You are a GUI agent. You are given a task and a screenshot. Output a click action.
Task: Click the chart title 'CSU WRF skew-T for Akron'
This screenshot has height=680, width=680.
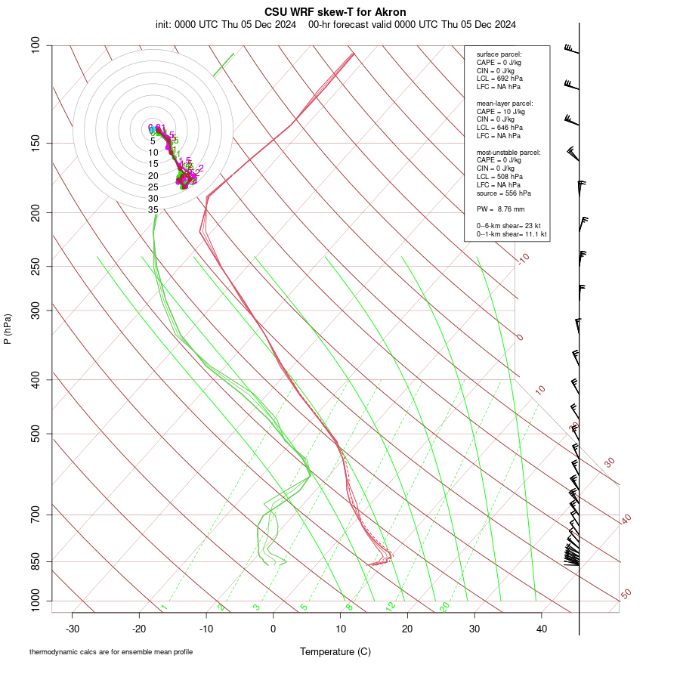(335, 12)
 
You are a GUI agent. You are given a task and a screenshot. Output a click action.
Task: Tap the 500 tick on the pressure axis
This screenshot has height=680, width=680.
(36, 434)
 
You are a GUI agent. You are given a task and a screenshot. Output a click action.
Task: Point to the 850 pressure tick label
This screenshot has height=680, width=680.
(36, 561)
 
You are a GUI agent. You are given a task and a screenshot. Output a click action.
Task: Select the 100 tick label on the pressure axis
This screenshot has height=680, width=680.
(36, 45)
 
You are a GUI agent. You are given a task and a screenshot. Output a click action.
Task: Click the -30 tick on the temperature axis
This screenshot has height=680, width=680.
(73, 629)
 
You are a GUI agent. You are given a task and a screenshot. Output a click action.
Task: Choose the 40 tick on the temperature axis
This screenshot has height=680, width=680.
(541, 629)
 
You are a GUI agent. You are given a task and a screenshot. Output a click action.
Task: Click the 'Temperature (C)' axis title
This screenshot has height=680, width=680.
(335, 651)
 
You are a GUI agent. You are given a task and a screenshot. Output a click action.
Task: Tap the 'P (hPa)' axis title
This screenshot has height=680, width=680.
(8, 329)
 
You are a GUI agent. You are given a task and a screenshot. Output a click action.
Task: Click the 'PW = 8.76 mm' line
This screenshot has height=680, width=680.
(500, 209)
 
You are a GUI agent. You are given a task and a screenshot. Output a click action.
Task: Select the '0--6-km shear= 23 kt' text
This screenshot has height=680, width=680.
(508, 226)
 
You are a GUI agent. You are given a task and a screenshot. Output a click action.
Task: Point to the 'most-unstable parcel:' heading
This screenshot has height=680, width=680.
(508, 152)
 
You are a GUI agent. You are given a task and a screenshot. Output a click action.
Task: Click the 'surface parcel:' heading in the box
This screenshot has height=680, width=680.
(499, 54)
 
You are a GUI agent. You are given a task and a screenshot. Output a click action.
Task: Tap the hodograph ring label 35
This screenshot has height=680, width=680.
(153, 210)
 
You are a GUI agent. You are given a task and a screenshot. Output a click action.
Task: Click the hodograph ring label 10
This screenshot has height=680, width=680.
(153, 153)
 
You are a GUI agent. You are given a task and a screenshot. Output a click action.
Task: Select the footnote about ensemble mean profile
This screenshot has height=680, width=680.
(111, 652)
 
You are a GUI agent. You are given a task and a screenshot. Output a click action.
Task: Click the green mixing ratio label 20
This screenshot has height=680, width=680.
(444, 607)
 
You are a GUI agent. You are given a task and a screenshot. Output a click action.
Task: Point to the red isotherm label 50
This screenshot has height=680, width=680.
(626, 595)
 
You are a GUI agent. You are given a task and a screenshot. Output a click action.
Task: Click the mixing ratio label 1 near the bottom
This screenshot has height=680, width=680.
(164, 607)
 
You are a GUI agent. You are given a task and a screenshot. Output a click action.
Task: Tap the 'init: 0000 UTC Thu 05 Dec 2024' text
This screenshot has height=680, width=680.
(227, 24)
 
